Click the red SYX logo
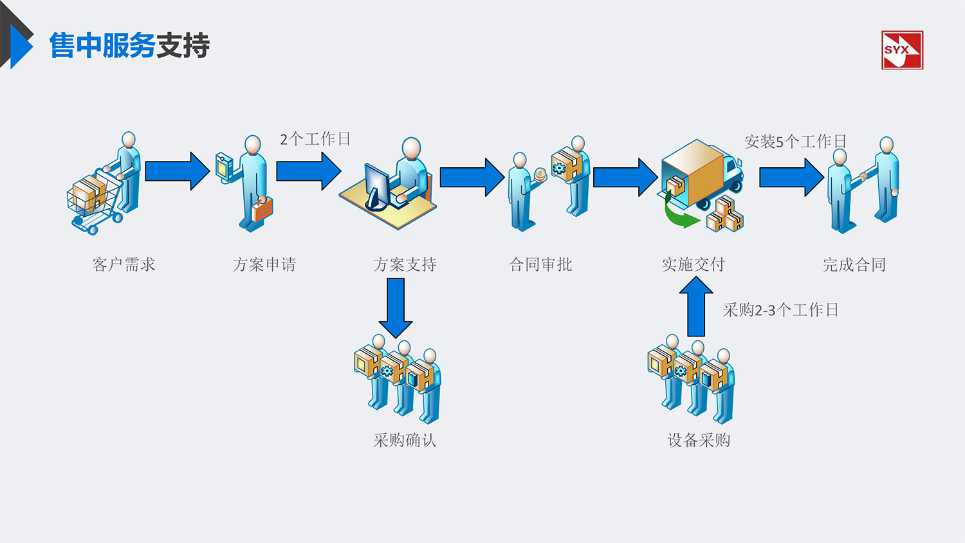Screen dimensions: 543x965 (902, 50)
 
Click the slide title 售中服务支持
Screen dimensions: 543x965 (129, 46)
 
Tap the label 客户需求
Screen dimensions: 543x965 (124, 264)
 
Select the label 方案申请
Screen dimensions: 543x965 (264, 264)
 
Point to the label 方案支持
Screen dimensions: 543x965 (405, 264)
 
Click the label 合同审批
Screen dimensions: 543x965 (540, 264)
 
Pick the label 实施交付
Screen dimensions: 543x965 (694, 264)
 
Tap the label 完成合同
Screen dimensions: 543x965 (854, 264)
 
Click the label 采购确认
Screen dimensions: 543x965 (405, 440)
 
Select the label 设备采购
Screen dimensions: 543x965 (699, 440)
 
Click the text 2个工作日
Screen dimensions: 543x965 (315, 139)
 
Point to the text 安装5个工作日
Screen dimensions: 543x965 (795, 142)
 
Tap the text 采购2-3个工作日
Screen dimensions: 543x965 (780, 310)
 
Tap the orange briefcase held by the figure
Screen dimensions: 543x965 (262, 209)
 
